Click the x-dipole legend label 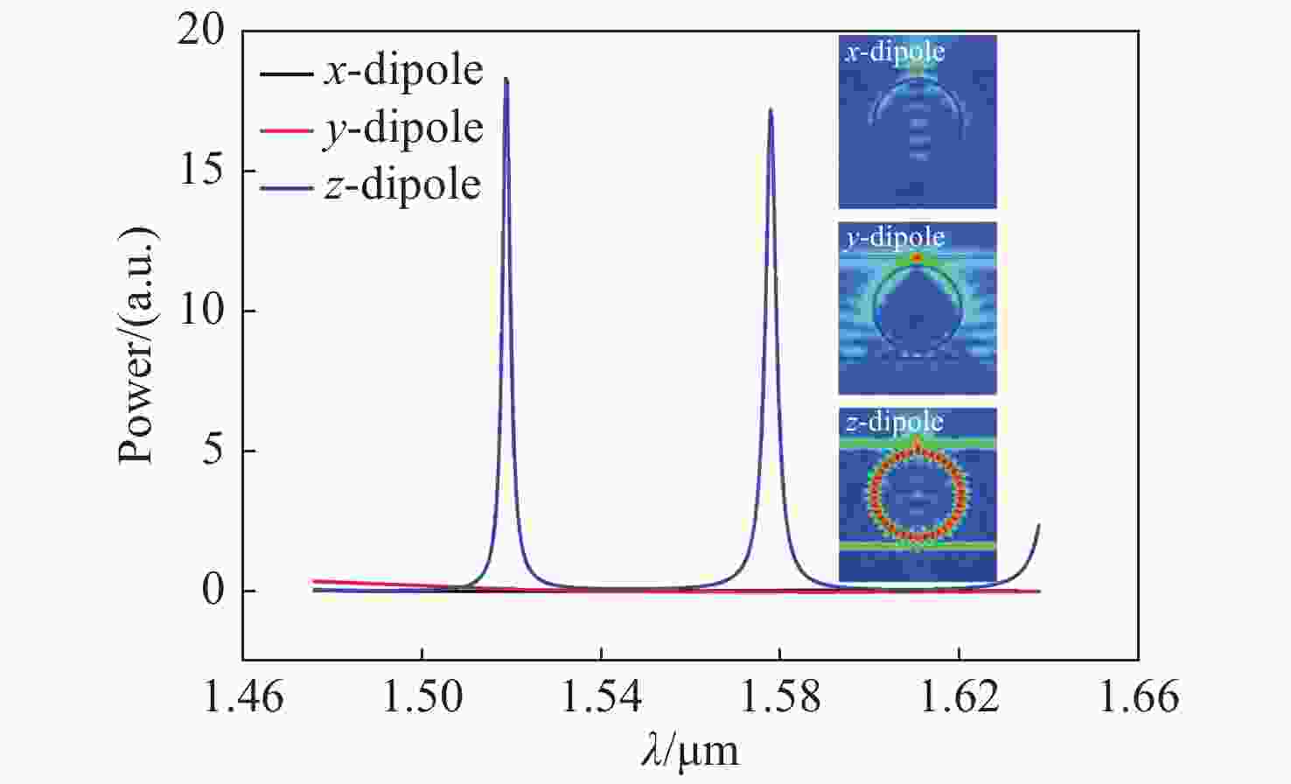coord(403,70)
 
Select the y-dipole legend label coord(403,129)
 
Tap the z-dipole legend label coord(402,185)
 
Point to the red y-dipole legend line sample coord(285,130)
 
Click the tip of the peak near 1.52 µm coord(506,79)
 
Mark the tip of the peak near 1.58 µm coord(771,109)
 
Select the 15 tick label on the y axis coord(200,171)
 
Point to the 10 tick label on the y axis coord(200,311)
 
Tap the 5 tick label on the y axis coord(212,451)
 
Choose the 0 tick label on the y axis coord(212,591)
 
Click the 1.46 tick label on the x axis coord(243,697)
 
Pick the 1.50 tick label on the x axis coord(422,697)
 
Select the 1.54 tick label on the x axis coord(602,697)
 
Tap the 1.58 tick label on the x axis coord(780,697)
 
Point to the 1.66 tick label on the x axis coord(1138,697)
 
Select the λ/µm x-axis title coord(689,751)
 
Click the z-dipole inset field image coord(918,494)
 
